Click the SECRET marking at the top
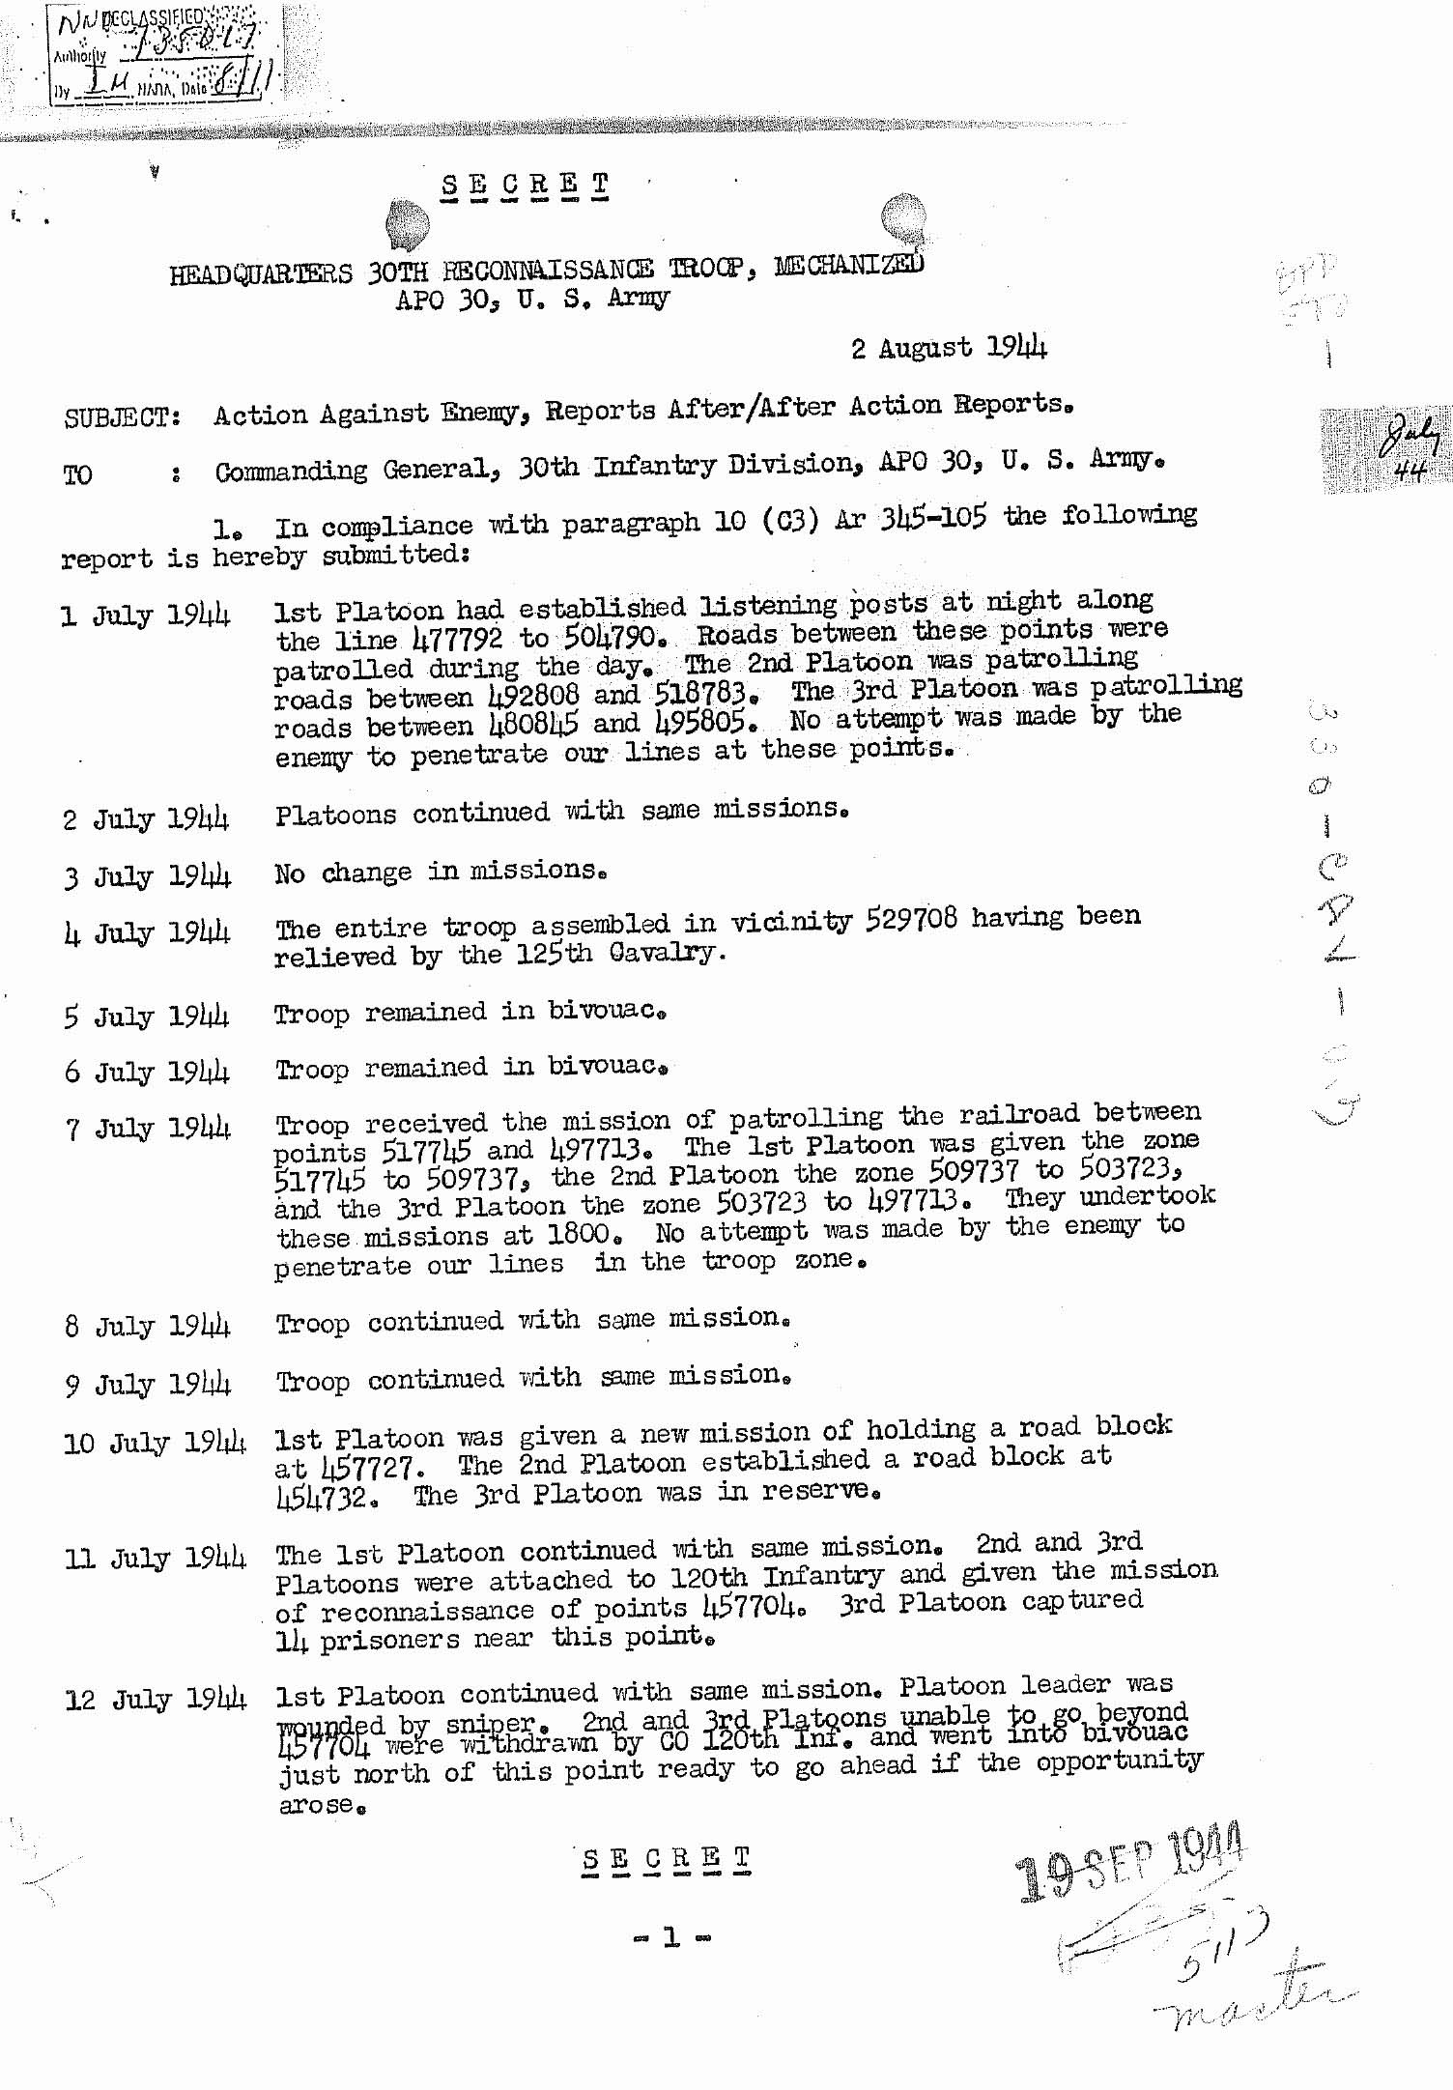[525, 184]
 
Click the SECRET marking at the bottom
[667, 1859]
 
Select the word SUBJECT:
[122, 418]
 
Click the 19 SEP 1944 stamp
[1131, 1861]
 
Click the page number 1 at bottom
[671, 1936]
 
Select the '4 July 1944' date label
[147, 934]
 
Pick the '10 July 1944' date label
[155, 1444]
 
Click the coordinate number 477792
[457, 640]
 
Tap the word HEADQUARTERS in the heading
[261, 274]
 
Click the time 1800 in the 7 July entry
[579, 1234]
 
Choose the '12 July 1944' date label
[155, 1700]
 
